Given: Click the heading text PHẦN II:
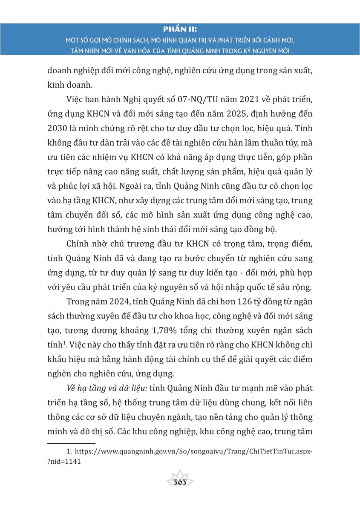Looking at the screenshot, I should click(x=180, y=29).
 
